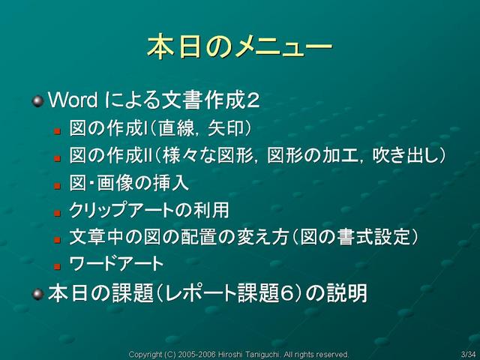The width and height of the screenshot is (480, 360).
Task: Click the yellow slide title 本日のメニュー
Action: pyautogui.click(x=240, y=46)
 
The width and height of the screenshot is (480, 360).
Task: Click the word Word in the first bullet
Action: pyautogui.click(x=73, y=100)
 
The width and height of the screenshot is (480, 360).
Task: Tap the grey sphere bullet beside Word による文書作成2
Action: pyautogui.click(x=38, y=101)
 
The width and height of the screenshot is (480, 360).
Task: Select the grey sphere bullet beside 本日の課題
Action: pyautogui.click(x=38, y=294)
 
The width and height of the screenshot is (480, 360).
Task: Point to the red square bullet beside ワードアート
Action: pyautogui.click(x=57, y=267)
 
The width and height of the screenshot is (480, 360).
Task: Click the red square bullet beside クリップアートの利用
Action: pyautogui.click(x=57, y=213)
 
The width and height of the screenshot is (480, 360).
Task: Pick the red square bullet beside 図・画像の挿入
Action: pyautogui.click(x=57, y=186)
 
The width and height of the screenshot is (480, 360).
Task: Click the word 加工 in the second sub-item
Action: pyautogui.click(x=340, y=155)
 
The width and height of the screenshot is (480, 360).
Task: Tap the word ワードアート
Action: pyautogui.click(x=116, y=264)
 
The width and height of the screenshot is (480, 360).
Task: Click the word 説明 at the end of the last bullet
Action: pyautogui.click(x=347, y=293)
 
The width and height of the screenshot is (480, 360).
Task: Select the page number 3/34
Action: pyautogui.click(x=468, y=355)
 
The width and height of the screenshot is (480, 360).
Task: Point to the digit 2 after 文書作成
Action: pyautogui.click(x=253, y=100)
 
